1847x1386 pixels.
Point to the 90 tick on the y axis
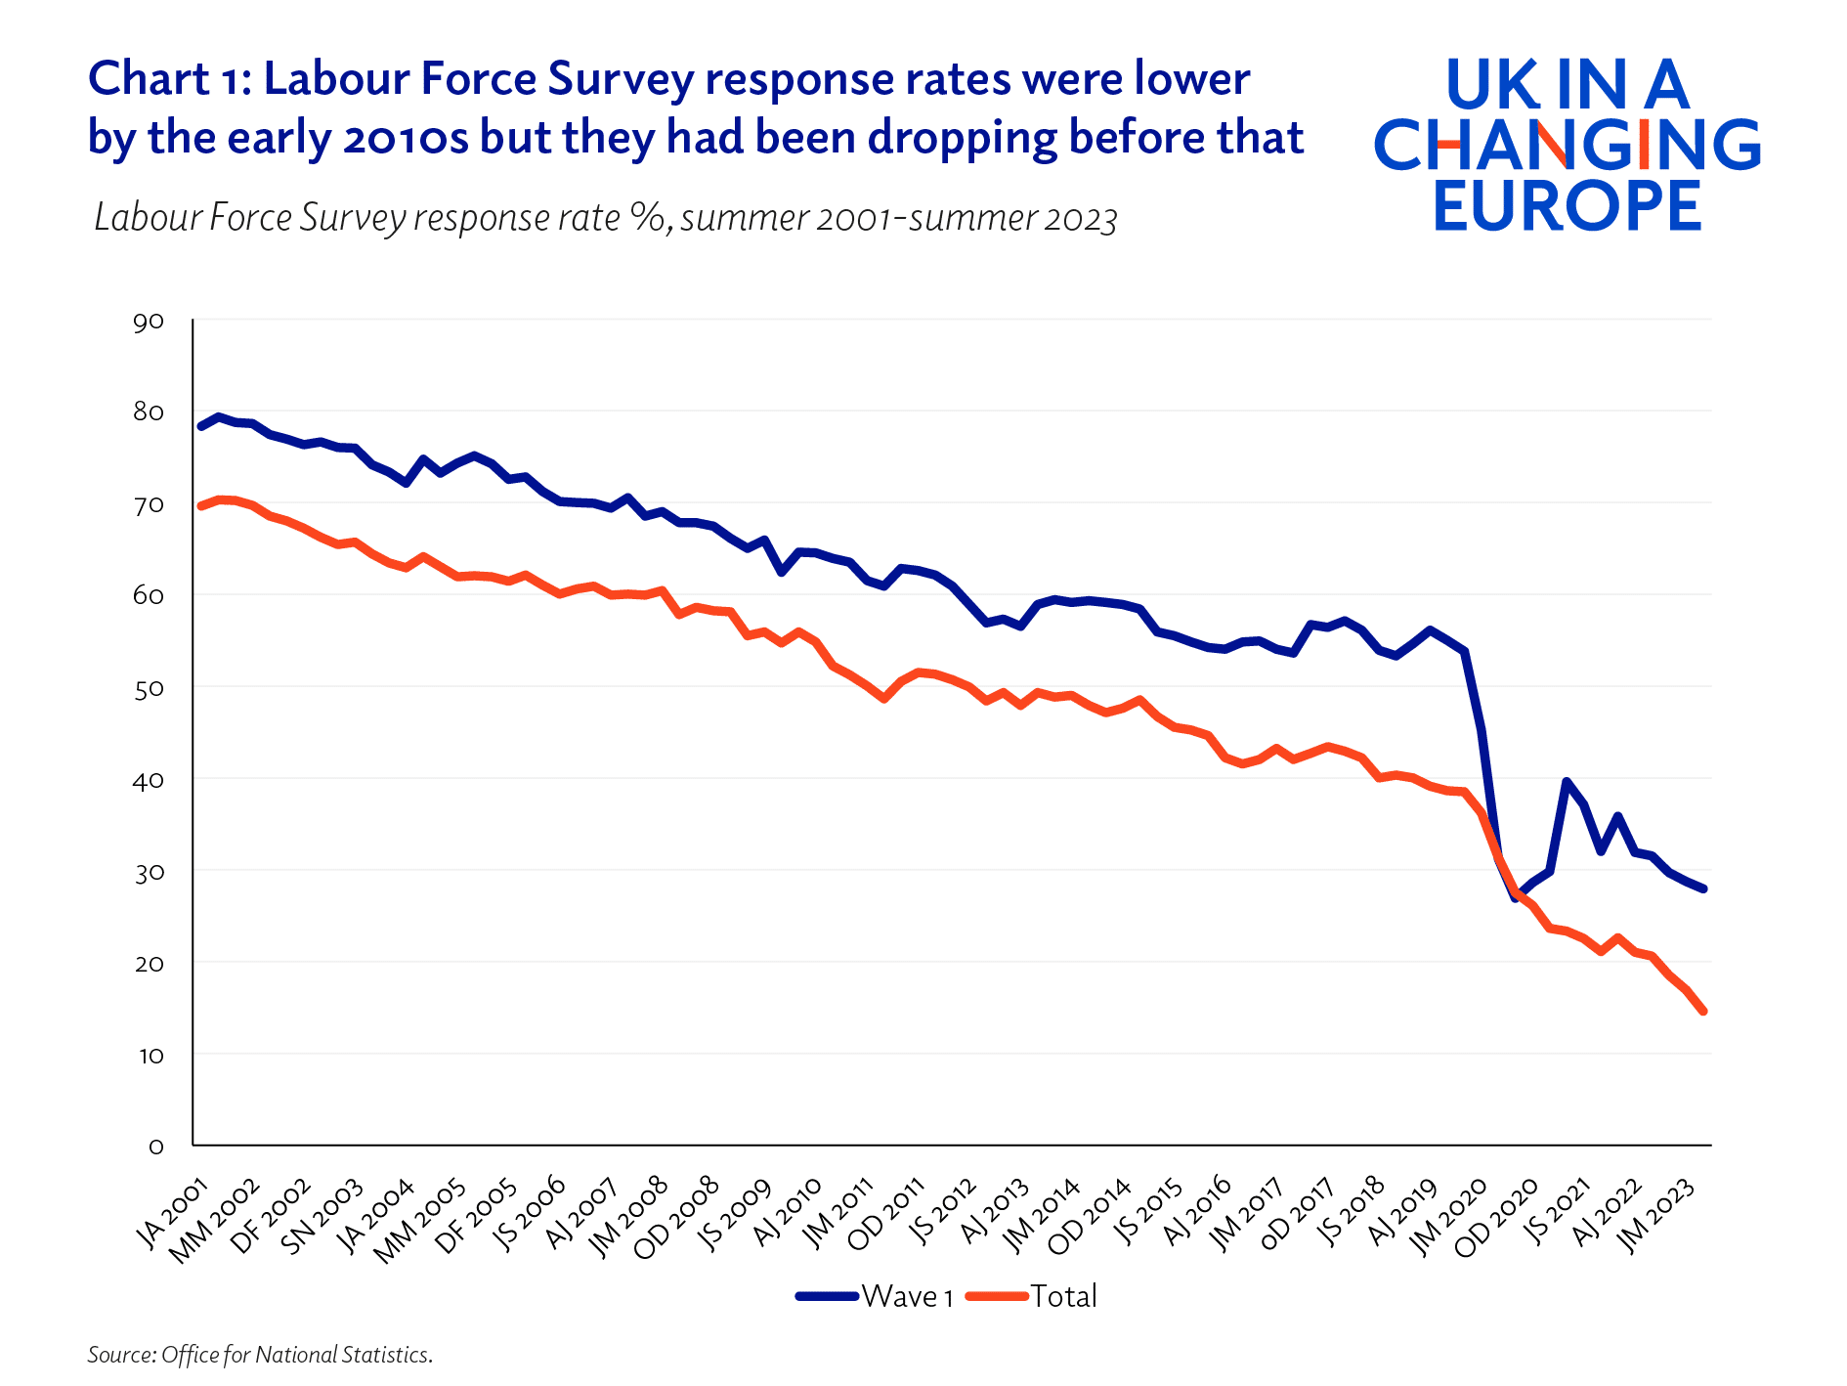[149, 322]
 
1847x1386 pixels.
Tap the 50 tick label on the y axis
[149, 689]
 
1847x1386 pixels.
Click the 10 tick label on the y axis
[149, 1056]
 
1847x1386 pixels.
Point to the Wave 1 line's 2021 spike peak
[1567, 782]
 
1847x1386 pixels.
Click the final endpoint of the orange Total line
[1703, 1012]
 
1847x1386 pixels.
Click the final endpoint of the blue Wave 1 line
[1703, 888]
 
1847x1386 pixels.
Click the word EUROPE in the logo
[1568, 205]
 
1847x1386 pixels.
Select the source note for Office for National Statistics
[260, 1355]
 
